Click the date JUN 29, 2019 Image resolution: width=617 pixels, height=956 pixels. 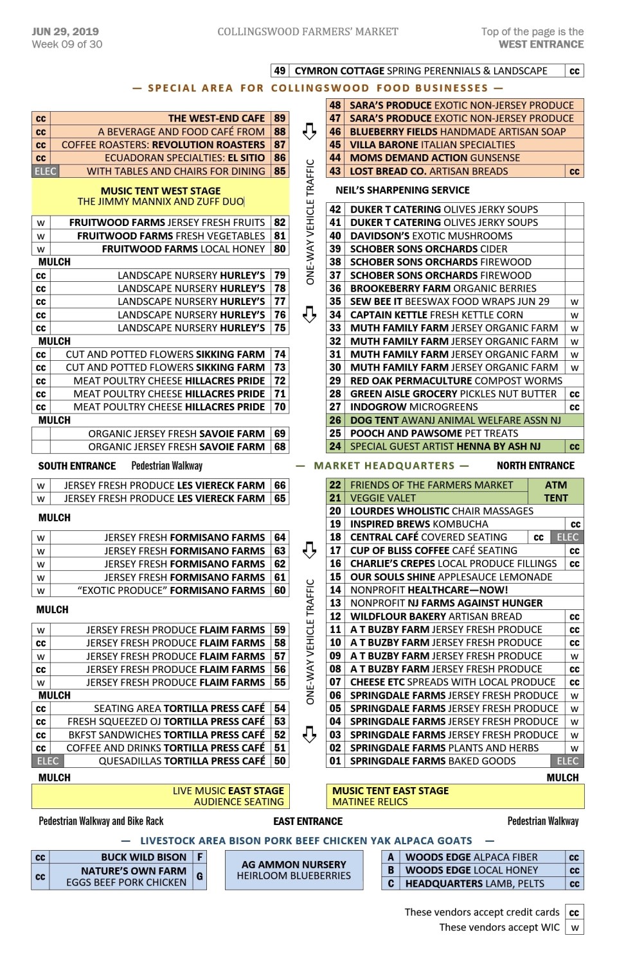[65, 31]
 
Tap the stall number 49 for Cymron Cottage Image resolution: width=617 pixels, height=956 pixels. [280, 71]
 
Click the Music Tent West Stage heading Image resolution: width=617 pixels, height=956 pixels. [161, 191]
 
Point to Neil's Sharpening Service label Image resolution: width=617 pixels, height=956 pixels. [402, 190]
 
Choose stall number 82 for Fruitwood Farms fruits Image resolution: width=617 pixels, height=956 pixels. [280, 223]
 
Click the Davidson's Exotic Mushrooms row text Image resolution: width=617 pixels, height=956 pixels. [431, 236]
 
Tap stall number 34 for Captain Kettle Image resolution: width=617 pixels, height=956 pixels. [335, 315]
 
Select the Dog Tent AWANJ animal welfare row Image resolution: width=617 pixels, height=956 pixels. [455, 421]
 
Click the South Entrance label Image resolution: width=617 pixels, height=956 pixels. [76, 466]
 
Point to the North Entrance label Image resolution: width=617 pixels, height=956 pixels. [535, 465]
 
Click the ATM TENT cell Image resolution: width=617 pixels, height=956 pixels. [556, 491]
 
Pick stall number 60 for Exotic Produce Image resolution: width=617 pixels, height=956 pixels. [280, 591]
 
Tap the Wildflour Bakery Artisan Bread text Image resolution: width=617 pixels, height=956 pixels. [436, 616]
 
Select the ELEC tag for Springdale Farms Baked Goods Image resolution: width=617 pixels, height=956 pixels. [568, 761]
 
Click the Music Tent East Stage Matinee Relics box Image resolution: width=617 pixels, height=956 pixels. [455, 796]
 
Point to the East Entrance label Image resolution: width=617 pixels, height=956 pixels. [308, 821]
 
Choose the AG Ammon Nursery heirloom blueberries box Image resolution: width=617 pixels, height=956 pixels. [294, 870]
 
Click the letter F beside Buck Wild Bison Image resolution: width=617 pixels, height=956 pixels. [200, 857]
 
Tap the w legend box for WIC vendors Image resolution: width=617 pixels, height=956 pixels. [575, 927]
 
